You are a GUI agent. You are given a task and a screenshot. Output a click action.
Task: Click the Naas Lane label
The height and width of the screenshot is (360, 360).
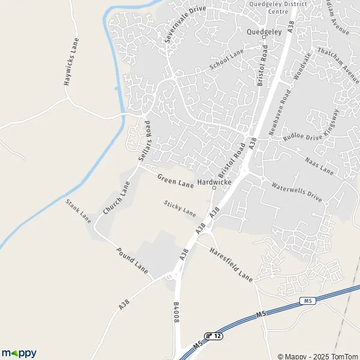coord(319,165)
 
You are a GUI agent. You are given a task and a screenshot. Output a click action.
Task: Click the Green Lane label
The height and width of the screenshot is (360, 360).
coord(175,181)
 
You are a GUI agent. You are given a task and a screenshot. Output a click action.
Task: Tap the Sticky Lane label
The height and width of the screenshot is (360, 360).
coord(180,208)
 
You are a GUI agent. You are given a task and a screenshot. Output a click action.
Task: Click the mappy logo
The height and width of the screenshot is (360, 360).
coord(19,353)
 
